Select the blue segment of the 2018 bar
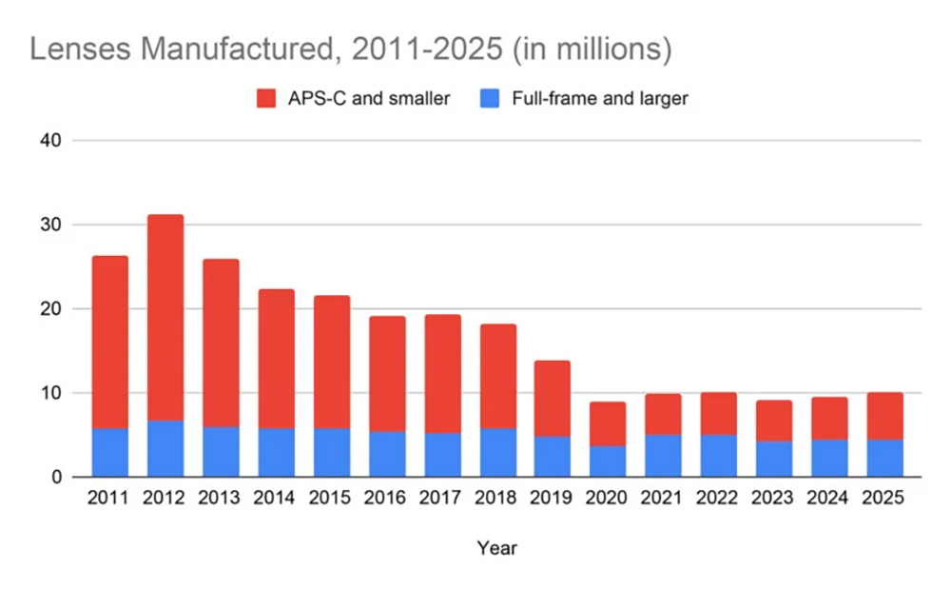pyautogui.click(x=498, y=452)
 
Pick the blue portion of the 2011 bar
pyautogui.click(x=109, y=452)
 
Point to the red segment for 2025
pyautogui.click(x=884, y=416)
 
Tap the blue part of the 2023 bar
pyautogui.click(x=774, y=458)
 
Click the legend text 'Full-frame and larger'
pyautogui.click(x=599, y=98)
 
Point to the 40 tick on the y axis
pyautogui.click(x=49, y=141)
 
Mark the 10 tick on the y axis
pyautogui.click(x=49, y=393)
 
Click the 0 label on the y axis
pyautogui.click(x=55, y=477)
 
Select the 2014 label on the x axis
pyautogui.click(x=276, y=498)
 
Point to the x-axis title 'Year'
pyautogui.click(x=497, y=548)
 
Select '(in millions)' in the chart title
pyautogui.click(x=592, y=49)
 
